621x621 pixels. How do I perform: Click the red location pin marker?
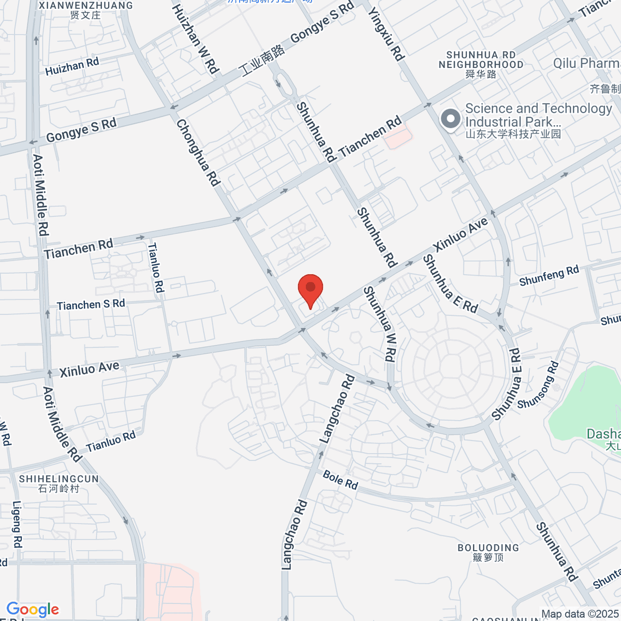(310, 290)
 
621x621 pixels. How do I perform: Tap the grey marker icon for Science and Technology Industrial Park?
(451, 119)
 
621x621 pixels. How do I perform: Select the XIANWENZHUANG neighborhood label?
(86, 6)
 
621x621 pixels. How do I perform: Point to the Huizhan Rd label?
(72, 67)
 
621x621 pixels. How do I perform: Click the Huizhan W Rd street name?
(195, 38)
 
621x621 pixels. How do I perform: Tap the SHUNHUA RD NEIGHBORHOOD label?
(481, 60)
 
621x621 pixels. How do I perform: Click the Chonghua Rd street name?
(198, 152)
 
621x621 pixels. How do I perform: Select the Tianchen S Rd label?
(91, 305)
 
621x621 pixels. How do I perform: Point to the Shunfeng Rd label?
(549, 275)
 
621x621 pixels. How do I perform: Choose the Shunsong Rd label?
(538, 385)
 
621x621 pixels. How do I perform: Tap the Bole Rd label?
(341, 480)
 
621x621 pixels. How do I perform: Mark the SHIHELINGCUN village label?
(59, 479)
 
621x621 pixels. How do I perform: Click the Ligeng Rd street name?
(17, 524)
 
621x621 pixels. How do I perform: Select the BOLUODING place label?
(488, 548)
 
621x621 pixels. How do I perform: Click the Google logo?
(33, 610)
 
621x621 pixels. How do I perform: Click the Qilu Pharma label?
(587, 63)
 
